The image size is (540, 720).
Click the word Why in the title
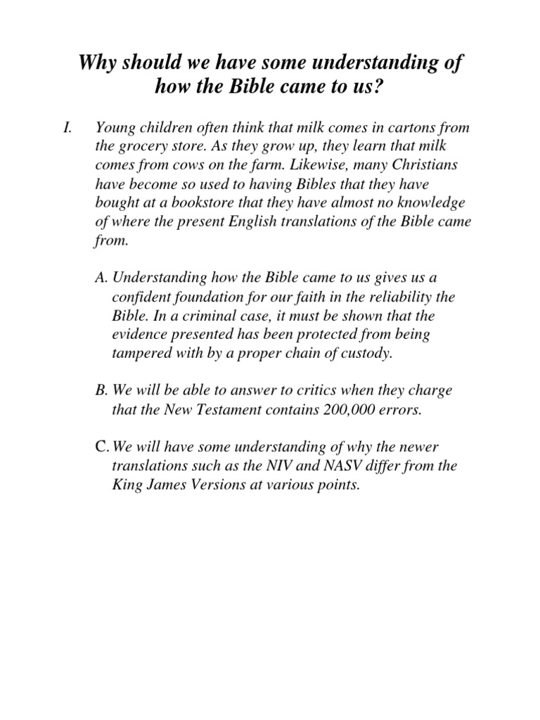pyautogui.click(x=96, y=65)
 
